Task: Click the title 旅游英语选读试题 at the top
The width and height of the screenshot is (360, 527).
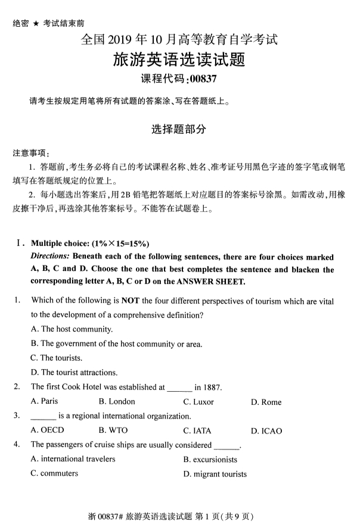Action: (x=179, y=60)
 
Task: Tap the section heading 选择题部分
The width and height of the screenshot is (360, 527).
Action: (x=179, y=129)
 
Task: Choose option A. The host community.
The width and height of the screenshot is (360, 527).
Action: (x=72, y=329)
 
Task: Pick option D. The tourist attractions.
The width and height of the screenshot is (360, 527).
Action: (x=74, y=373)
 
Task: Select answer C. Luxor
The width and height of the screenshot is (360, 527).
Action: (x=198, y=402)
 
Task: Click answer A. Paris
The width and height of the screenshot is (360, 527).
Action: (x=45, y=401)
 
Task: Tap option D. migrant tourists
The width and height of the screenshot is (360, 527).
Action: (x=215, y=474)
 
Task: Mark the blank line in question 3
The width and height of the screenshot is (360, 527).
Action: (x=43, y=416)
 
